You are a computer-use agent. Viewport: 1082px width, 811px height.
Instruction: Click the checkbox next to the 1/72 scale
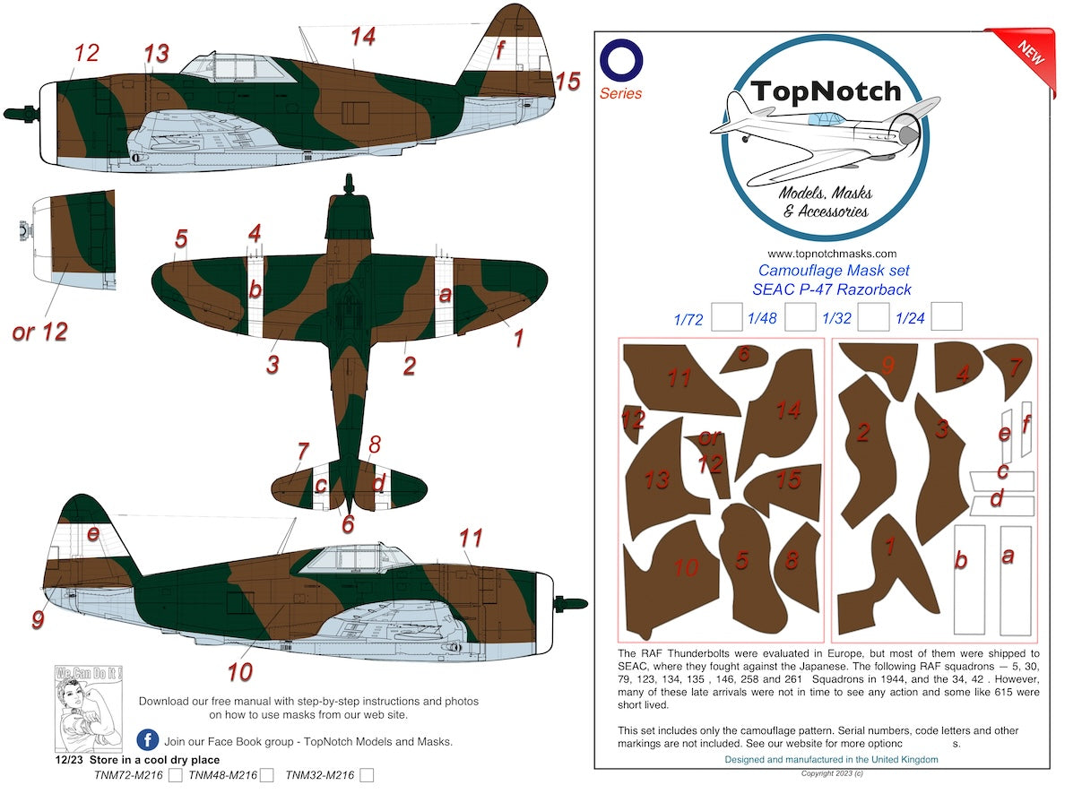725,316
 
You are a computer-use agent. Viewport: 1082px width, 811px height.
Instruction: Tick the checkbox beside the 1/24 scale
946,316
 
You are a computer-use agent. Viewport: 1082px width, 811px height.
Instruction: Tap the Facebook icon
148,740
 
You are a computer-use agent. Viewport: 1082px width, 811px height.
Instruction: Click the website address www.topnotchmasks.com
831,254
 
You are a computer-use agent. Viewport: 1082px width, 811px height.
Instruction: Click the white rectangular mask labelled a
1015,579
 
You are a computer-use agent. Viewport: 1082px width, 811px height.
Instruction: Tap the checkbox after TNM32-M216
366,775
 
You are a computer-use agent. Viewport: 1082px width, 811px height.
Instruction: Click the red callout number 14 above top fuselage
362,37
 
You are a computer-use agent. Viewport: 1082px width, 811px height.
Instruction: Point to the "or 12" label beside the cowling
39,331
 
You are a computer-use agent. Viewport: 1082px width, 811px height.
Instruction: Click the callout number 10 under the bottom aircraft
239,670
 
